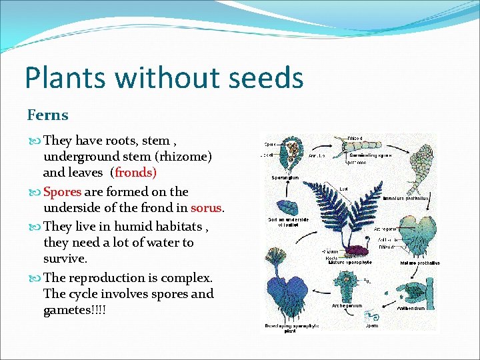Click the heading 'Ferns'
47,115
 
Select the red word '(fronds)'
135,173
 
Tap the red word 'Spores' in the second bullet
62,192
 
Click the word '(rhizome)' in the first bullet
182,157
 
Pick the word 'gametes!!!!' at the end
74,310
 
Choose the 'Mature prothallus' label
419,263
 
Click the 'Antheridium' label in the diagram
411,308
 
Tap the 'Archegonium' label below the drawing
347,306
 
